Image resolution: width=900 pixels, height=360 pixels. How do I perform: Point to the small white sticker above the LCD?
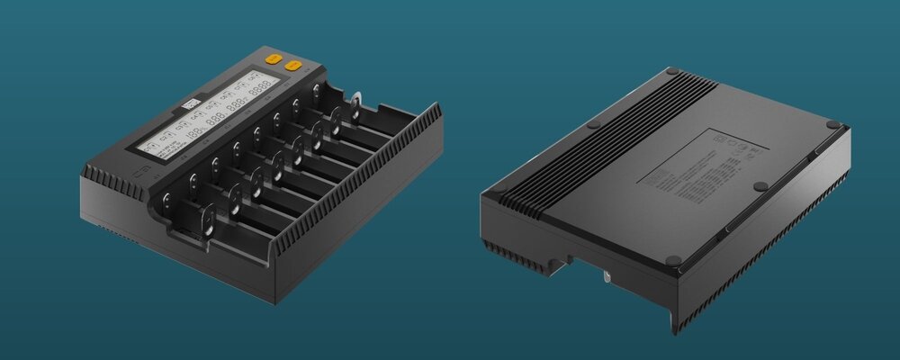click(191, 105)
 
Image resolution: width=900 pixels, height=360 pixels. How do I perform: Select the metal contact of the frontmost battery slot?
click(209, 220)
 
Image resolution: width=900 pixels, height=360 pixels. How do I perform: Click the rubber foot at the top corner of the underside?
click(672, 71)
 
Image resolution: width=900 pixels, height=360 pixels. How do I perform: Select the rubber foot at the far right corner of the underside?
click(832, 124)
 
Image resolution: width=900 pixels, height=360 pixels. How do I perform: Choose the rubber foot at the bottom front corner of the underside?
click(673, 261)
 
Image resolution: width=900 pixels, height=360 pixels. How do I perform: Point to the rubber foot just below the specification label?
click(760, 186)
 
